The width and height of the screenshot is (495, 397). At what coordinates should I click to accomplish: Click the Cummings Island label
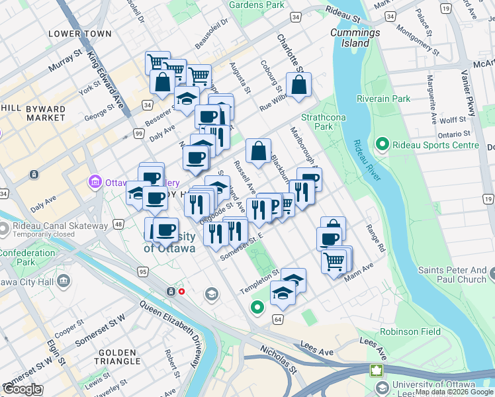tap(355, 38)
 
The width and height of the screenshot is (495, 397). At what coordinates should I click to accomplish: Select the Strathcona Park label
tap(316, 121)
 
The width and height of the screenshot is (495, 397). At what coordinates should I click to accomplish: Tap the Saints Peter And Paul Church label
tap(452, 275)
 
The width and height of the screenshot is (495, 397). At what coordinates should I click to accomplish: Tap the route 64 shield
tap(277, 320)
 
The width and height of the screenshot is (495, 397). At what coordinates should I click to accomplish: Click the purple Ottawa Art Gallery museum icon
tap(94, 181)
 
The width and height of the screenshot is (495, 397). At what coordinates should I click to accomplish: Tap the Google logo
tap(22, 389)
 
